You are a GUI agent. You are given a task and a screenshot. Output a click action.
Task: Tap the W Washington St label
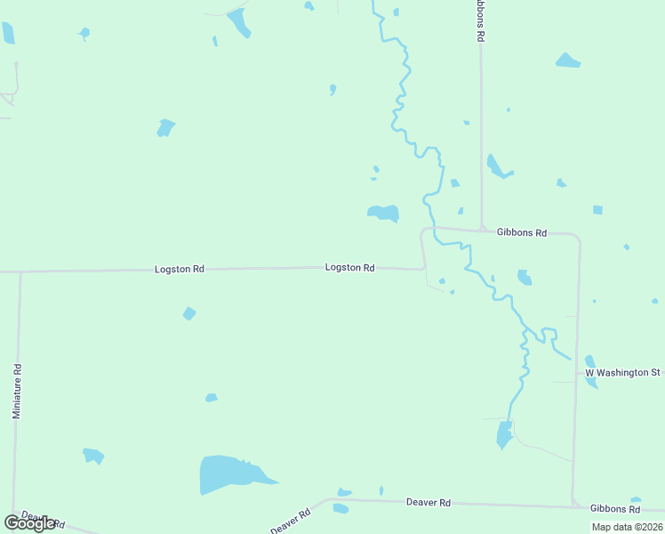(622, 372)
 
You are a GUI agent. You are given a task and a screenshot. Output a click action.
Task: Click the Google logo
(29, 523)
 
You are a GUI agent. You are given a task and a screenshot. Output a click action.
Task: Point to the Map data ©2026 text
(626, 527)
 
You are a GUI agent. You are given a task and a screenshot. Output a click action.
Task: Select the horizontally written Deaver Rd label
(429, 503)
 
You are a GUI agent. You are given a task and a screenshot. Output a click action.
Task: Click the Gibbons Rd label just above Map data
(615, 509)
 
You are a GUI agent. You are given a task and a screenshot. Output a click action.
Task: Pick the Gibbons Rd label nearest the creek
(523, 232)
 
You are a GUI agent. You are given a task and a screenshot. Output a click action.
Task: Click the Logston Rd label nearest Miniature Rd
(180, 269)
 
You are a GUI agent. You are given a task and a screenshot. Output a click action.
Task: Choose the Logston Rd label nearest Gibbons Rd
(349, 267)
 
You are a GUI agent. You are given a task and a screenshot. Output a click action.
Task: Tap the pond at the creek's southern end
(504, 435)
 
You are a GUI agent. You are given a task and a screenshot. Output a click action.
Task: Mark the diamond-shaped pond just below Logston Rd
(188, 313)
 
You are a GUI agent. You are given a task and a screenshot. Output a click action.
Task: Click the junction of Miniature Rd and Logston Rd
(20, 272)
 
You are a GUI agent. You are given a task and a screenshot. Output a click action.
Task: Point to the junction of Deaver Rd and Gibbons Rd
(573, 506)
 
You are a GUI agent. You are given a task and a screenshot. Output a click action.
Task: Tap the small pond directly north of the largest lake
(211, 398)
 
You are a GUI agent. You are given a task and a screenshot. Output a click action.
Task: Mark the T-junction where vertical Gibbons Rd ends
(481, 231)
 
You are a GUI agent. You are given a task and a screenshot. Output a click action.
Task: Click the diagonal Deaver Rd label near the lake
(292, 521)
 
